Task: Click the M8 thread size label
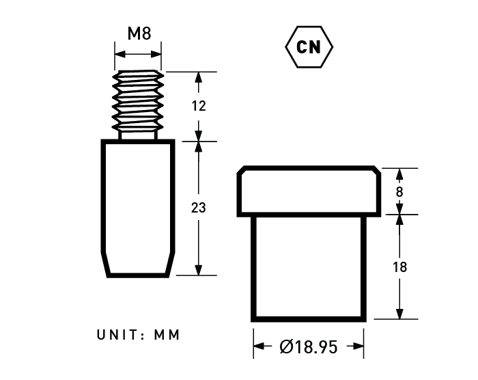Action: click(x=139, y=33)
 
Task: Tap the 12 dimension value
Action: click(x=199, y=106)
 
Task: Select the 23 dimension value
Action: click(x=199, y=208)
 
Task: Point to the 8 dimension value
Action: click(x=399, y=192)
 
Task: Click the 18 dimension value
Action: click(x=399, y=267)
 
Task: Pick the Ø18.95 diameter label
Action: click(x=309, y=347)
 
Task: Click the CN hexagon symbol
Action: click(x=309, y=47)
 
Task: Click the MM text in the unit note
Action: click(x=167, y=335)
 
